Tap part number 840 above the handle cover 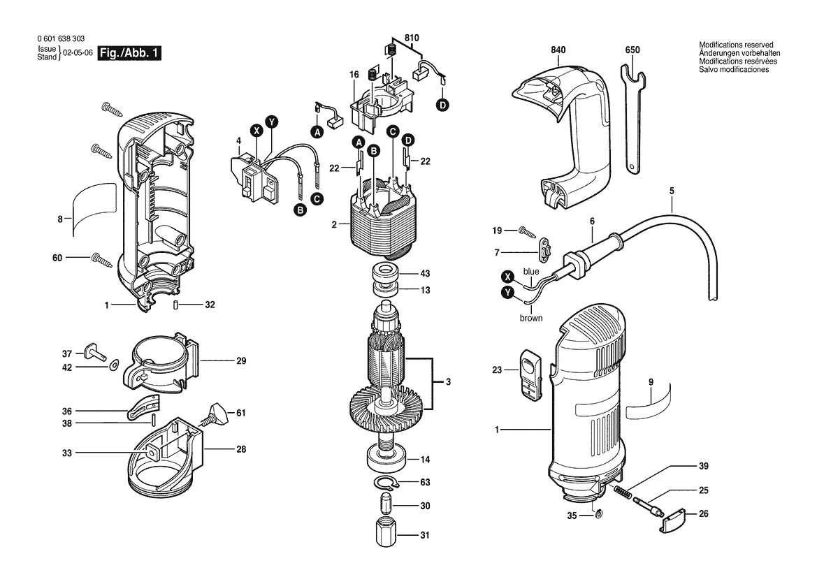[558, 50]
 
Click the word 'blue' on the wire [531, 271]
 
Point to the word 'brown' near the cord [530, 318]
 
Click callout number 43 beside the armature [425, 274]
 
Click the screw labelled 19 [529, 231]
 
